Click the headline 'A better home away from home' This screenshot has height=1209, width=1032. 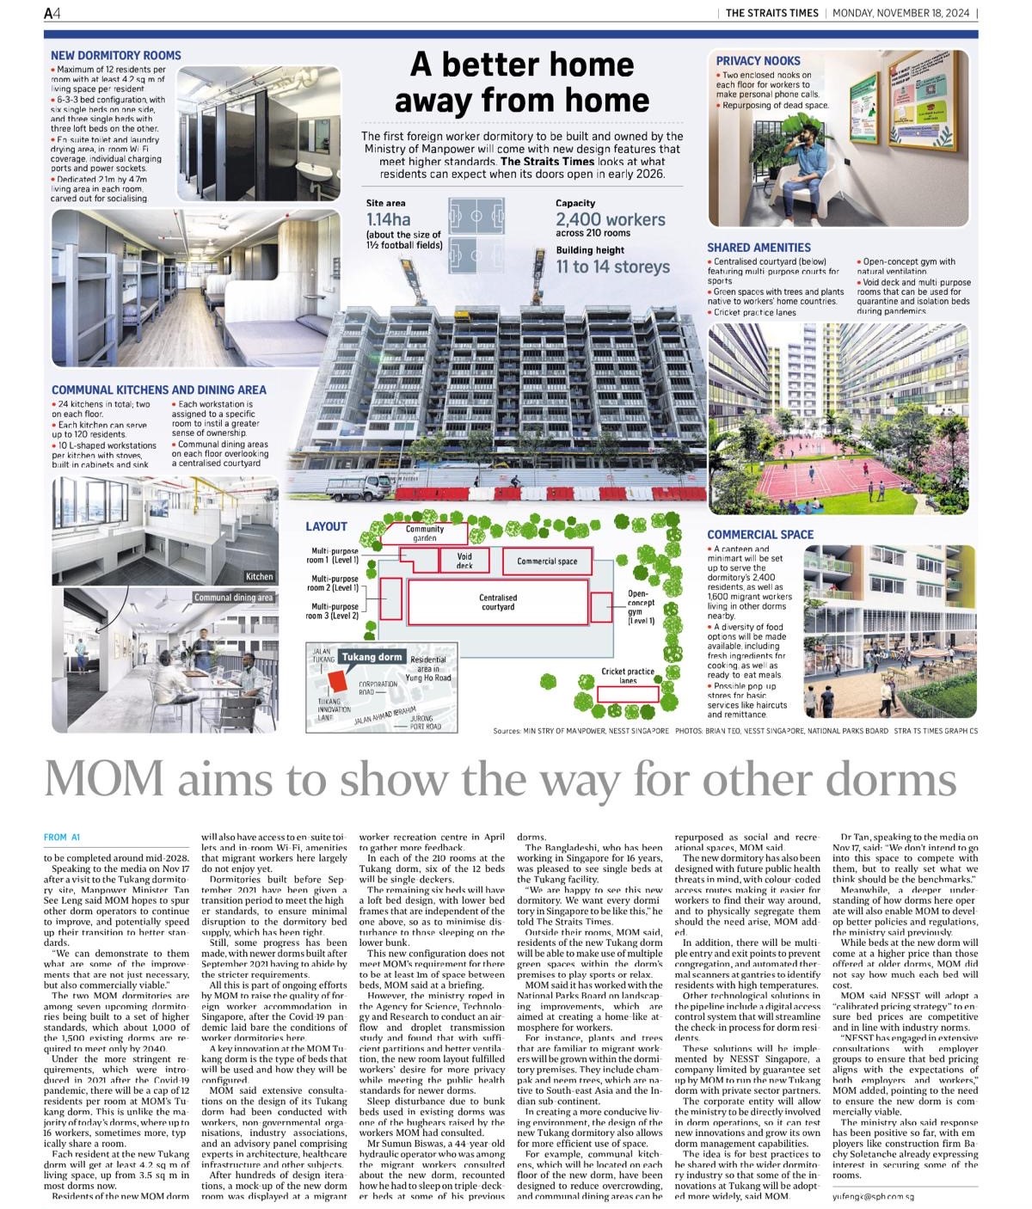[x=521, y=83]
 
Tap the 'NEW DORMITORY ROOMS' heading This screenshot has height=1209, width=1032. [x=116, y=55]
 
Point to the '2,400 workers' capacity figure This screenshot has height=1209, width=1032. [x=610, y=219]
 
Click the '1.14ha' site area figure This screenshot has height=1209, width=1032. [x=389, y=219]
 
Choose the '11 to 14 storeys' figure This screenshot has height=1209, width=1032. [x=612, y=267]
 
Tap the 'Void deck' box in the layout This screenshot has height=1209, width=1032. [x=464, y=561]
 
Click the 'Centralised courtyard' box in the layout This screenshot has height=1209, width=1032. [x=498, y=602]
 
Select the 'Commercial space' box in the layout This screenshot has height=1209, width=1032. [x=547, y=562]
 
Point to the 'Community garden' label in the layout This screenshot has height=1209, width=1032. [x=425, y=533]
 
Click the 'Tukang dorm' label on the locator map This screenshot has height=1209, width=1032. [x=372, y=657]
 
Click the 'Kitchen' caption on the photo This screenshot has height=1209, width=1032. [x=259, y=576]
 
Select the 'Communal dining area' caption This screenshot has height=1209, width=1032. [x=233, y=598]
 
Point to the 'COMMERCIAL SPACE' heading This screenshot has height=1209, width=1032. [x=760, y=534]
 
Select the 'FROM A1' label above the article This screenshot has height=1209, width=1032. [x=62, y=837]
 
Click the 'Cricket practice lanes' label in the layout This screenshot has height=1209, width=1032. [x=628, y=676]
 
